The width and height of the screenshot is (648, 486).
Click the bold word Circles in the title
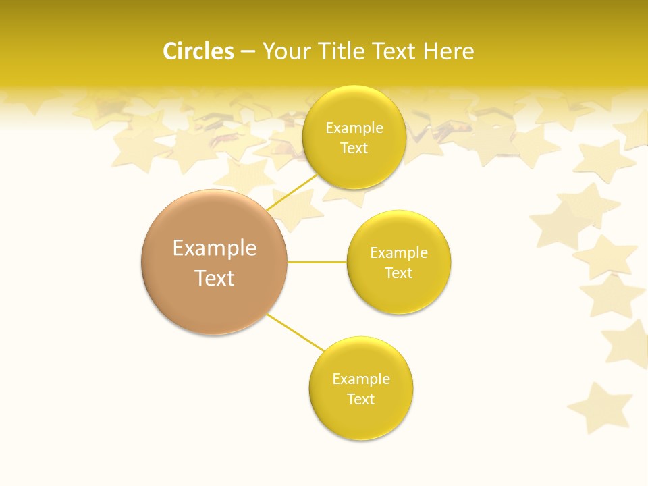[x=198, y=51]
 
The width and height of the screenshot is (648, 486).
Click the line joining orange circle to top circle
[x=292, y=192]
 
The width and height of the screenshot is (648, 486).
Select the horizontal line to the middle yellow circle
[x=317, y=262]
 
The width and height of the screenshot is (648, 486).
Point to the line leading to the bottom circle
[x=296, y=332]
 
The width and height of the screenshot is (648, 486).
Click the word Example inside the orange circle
[x=215, y=248]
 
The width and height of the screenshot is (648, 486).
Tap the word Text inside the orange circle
[x=215, y=278]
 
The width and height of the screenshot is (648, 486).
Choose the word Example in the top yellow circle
[x=354, y=128]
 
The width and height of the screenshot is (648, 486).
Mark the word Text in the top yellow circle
[x=354, y=148]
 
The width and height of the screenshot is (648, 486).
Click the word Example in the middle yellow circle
[x=399, y=253]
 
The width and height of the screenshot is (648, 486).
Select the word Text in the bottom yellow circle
[x=360, y=399]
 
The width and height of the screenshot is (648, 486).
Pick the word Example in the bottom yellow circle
[x=361, y=379]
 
